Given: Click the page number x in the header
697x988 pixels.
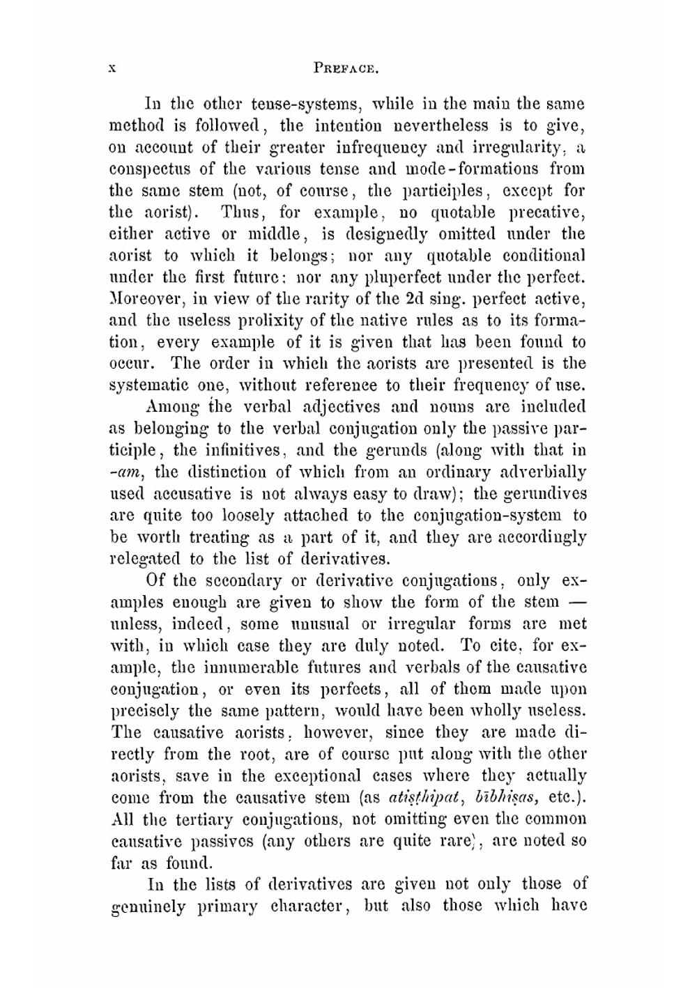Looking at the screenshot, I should click(114, 68).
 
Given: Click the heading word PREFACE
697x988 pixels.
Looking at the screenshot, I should click(346, 68).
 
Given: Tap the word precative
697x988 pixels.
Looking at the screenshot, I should click(546, 213).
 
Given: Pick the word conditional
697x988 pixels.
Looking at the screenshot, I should click(542, 256).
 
